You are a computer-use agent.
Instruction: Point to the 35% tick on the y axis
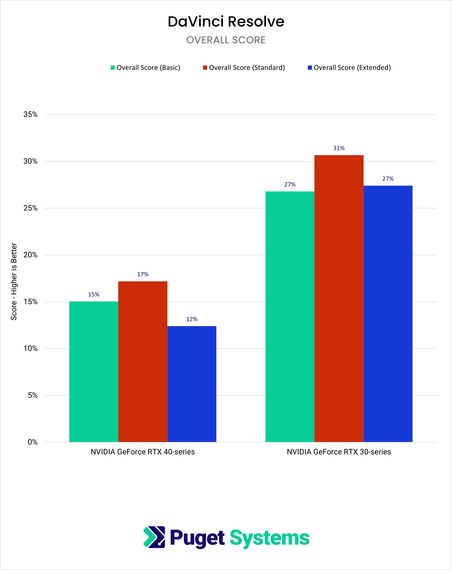[30, 114]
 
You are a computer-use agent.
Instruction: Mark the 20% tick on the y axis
[30, 255]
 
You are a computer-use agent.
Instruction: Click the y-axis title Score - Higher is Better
[14, 281]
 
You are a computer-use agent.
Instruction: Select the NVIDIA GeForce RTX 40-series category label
[143, 452]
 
